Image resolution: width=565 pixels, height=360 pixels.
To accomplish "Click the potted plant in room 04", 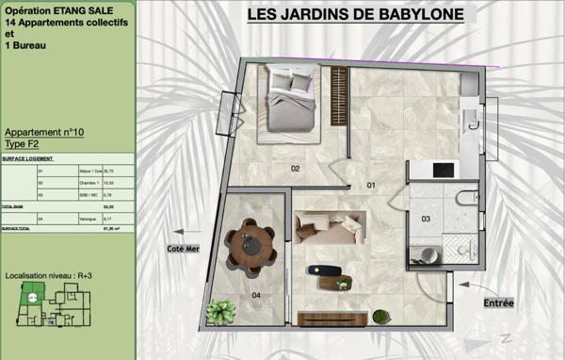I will [222, 311].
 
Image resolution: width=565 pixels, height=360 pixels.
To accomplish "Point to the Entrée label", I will [498, 303].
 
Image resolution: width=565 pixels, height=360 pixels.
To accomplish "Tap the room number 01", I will [370, 186].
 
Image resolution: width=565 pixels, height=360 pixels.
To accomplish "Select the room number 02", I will [295, 169].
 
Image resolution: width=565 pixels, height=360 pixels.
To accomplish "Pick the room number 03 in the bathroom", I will [426, 219].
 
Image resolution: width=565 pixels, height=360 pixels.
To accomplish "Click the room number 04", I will [257, 295].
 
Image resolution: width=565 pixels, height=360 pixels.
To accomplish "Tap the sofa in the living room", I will [329, 226].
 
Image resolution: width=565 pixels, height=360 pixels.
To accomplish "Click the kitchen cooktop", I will [444, 170].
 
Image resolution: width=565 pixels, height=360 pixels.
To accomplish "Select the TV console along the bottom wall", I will [331, 319].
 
